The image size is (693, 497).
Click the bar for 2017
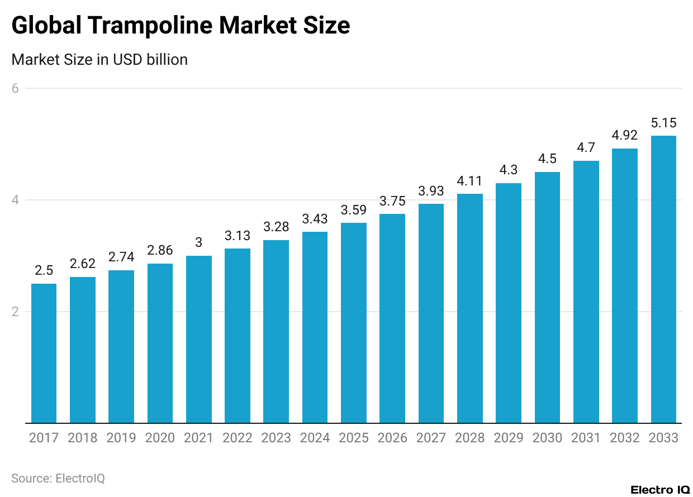click(44, 353)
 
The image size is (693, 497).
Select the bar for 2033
click(663, 279)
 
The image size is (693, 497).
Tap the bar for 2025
click(354, 323)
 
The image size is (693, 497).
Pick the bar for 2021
click(198, 339)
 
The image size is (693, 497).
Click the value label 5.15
click(663, 122)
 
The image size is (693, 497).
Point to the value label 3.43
click(315, 219)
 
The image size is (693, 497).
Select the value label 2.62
click(82, 264)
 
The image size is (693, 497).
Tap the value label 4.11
click(469, 181)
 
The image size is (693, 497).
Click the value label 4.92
click(624, 136)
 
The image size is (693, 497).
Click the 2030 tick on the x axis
click(547, 438)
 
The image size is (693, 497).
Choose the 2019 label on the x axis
click(121, 438)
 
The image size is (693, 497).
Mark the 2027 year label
click(431, 438)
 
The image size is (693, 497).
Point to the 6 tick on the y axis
click(16, 88)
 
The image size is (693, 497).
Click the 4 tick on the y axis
click(16, 200)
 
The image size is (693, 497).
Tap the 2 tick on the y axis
click(16, 312)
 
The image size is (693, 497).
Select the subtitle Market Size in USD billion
click(99, 60)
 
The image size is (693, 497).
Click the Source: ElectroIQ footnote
click(58, 479)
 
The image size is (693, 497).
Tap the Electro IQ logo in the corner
click(660, 490)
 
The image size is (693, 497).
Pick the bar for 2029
click(509, 303)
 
